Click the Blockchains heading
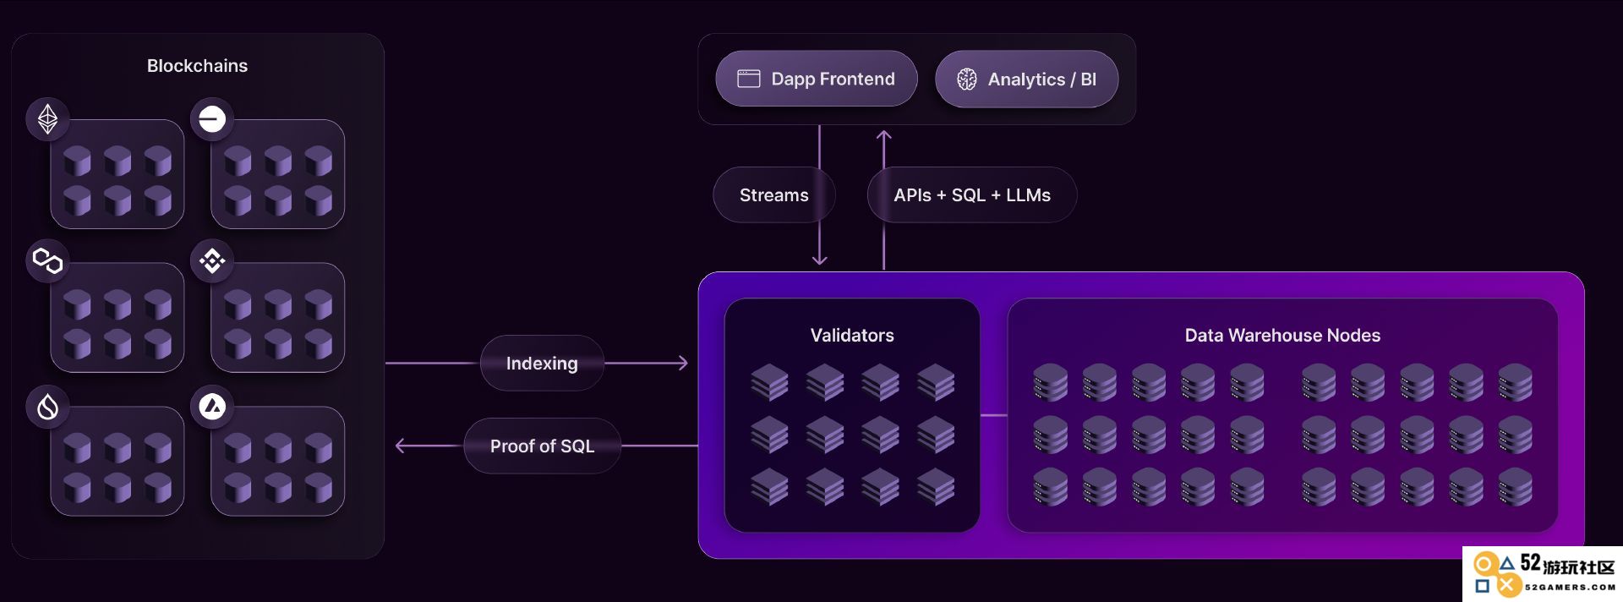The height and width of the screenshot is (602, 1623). click(197, 66)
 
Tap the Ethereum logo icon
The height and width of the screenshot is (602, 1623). click(47, 118)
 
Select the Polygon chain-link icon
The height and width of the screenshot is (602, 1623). click(47, 260)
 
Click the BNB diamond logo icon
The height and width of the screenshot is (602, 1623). click(212, 260)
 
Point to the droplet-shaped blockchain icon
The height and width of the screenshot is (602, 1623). click(47, 407)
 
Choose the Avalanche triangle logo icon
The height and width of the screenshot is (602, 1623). click(212, 407)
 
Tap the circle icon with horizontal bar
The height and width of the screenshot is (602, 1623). click(212, 118)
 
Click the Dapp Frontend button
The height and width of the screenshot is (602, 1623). click(817, 79)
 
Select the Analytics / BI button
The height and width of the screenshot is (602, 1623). click(1027, 79)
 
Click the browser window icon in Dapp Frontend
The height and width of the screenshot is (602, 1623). click(749, 79)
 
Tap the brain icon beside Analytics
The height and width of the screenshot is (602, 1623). click(967, 79)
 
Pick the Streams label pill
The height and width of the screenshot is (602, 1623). click(774, 195)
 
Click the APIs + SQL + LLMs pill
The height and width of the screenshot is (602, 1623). click(972, 195)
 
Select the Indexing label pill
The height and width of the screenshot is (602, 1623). click(542, 364)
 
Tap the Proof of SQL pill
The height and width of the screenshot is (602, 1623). click(543, 446)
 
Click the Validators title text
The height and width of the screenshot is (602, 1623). click(852, 336)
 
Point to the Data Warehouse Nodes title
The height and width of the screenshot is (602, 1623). click(1282, 336)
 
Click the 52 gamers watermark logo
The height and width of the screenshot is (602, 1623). click(1543, 574)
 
